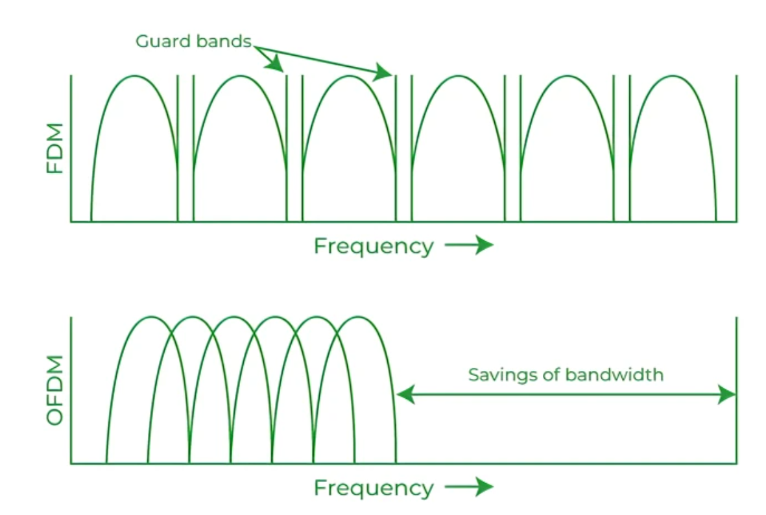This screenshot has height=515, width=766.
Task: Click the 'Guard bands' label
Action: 193,42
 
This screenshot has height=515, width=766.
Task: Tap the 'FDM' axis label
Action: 56,148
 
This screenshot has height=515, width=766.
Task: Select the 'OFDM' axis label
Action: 56,390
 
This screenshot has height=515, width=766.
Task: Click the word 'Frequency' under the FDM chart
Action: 373,246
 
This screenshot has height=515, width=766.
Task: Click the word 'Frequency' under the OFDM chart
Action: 373,488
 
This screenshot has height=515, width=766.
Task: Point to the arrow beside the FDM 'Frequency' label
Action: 470,245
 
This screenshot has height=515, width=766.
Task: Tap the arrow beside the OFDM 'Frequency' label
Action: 470,487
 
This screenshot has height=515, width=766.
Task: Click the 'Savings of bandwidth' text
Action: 566,375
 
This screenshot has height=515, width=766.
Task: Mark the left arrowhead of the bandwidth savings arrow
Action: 403,394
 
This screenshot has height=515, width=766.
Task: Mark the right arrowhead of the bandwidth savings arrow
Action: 728,394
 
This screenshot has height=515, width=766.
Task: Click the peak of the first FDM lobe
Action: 134,76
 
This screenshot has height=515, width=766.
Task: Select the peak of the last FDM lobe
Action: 673,76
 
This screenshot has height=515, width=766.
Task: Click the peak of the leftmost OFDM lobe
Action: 150,317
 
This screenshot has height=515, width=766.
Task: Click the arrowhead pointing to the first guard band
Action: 277,64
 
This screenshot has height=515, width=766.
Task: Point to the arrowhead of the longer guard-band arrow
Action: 384,72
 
